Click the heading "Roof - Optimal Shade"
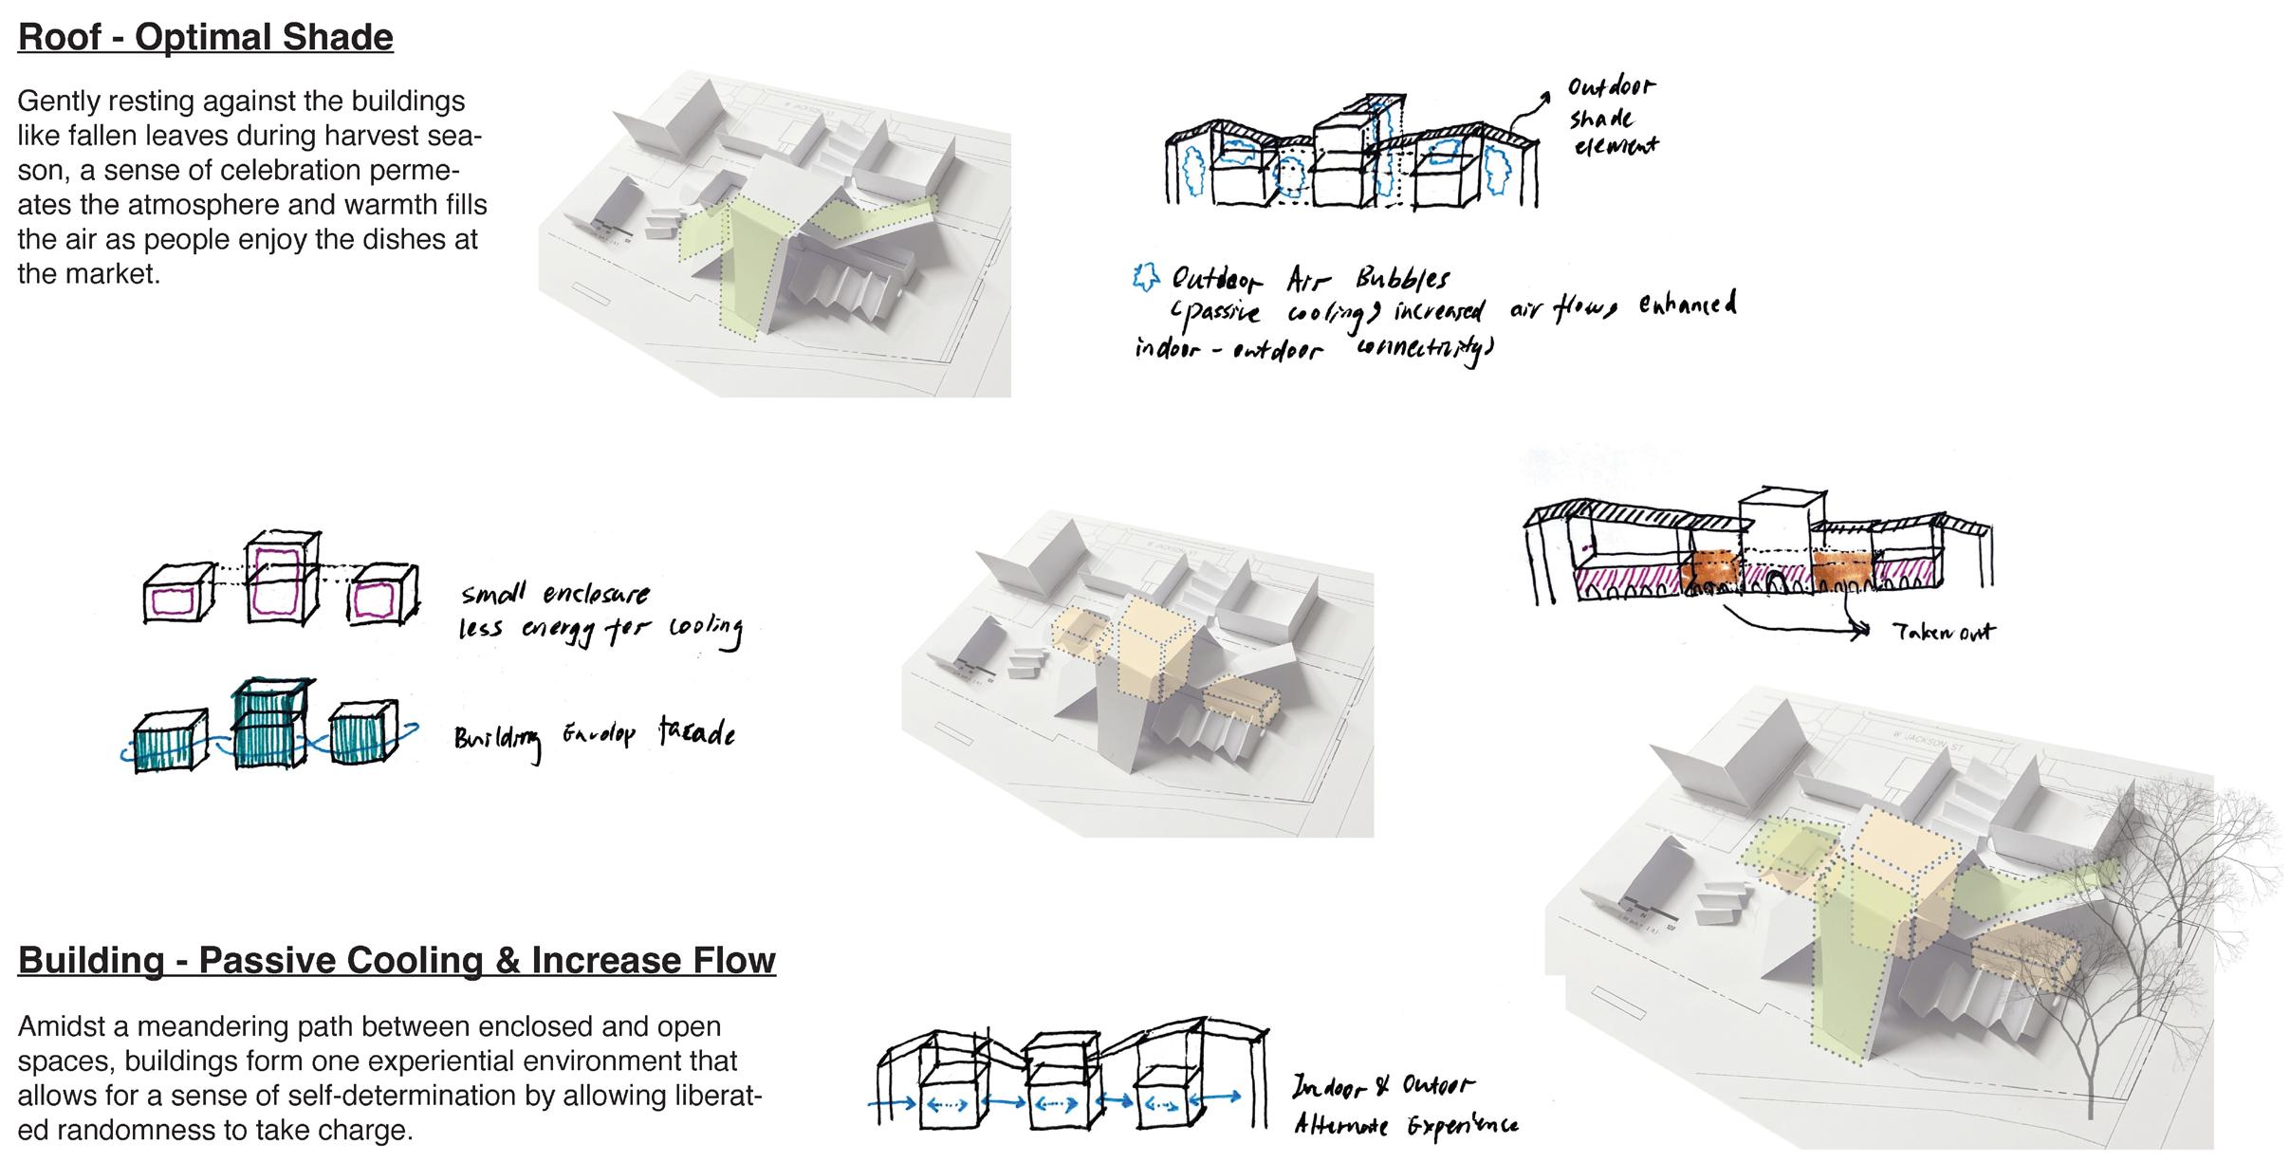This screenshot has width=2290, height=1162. click(205, 38)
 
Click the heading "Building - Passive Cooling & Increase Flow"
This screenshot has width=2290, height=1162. click(397, 961)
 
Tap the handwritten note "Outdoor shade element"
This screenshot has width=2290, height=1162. click(1610, 117)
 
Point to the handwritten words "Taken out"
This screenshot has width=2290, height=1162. click(1943, 633)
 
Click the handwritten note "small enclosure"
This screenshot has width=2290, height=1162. click(555, 595)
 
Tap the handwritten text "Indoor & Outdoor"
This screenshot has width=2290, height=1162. click(1383, 1087)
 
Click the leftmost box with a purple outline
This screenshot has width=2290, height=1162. click(175, 598)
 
